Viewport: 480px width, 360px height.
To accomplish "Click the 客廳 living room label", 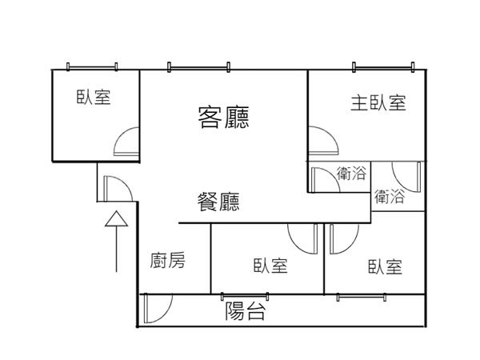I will click(x=223, y=118).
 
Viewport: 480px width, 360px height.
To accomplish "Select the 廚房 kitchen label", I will click(x=168, y=260).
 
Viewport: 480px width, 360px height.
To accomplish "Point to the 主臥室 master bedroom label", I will click(x=378, y=103).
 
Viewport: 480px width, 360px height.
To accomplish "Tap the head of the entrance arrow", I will click(x=116, y=218).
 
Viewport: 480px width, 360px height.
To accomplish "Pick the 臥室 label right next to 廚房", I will click(x=270, y=266).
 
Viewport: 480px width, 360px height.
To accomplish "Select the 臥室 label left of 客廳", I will click(x=94, y=98).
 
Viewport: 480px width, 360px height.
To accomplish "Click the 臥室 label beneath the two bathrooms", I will click(x=385, y=266).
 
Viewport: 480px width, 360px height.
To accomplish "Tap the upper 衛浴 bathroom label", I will click(x=351, y=173).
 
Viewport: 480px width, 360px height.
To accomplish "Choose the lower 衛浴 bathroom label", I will click(x=389, y=195).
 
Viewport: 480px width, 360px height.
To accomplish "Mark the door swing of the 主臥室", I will click(x=322, y=141).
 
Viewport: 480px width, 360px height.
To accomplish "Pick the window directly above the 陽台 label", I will click(x=245, y=297).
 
